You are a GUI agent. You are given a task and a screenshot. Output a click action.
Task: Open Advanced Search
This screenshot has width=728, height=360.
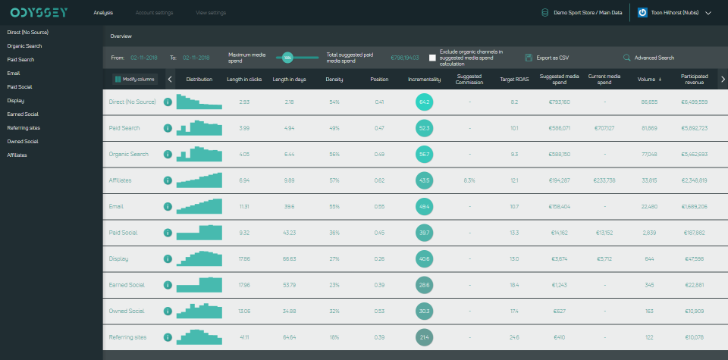tap(649, 58)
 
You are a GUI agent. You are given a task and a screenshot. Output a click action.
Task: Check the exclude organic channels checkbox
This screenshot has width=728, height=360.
tap(432, 58)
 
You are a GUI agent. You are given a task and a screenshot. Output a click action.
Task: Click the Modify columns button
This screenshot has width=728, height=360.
tap(135, 79)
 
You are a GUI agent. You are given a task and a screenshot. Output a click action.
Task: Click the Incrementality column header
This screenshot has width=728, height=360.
tap(424, 79)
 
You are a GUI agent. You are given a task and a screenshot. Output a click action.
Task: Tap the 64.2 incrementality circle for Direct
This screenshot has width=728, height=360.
tap(424, 102)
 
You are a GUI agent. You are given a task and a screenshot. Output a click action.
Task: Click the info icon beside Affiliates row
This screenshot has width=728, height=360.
tap(168, 180)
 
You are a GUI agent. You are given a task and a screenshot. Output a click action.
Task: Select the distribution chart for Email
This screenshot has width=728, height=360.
tap(199, 205)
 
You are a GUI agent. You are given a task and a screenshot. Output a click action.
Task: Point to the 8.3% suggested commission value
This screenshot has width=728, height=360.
tap(469, 180)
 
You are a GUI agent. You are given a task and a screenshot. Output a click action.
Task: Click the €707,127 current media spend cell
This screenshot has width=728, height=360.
tap(604, 128)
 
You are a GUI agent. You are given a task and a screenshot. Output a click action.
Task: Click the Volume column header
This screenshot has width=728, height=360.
tap(649, 79)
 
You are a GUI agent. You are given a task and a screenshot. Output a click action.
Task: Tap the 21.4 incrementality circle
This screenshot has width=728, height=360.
tap(424, 337)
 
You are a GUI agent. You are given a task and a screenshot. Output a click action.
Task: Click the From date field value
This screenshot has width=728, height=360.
tap(143, 58)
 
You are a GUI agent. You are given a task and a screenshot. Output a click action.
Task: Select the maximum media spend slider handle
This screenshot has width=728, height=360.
tap(287, 58)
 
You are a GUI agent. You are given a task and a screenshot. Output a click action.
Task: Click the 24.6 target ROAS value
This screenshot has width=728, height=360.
tap(514, 337)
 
